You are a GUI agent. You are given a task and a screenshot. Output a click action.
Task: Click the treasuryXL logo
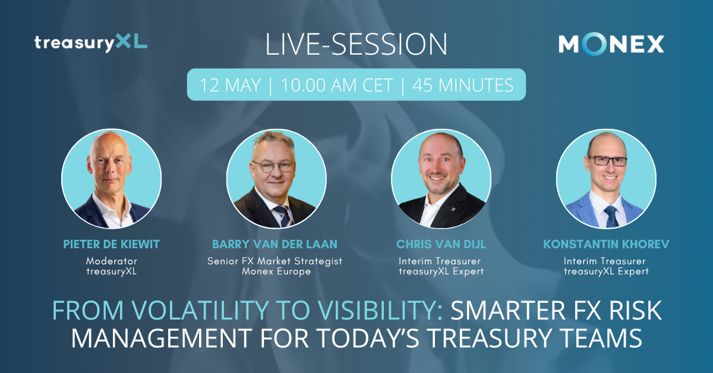[91, 43]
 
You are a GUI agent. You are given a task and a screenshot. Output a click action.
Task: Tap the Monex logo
[611, 44]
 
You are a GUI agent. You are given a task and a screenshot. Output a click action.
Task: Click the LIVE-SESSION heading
[356, 44]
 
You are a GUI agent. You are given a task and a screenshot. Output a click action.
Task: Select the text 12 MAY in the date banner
[230, 85]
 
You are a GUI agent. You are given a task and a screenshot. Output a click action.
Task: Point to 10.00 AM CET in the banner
[337, 85]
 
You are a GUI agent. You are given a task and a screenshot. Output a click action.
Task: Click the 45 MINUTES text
[463, 85]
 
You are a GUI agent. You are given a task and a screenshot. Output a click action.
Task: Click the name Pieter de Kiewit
[112, 244]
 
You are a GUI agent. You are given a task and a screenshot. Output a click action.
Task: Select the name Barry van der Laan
[275, 244]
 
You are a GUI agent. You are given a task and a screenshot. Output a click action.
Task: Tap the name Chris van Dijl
[441, 244]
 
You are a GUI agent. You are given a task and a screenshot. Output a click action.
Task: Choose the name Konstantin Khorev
[606, 244]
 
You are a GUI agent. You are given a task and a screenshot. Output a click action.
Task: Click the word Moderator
[112, 261]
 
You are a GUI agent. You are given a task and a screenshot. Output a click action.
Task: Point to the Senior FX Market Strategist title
[275, 261]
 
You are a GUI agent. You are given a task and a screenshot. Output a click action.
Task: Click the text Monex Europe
[276, 271]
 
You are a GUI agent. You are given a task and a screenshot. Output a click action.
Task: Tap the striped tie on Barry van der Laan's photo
[284, 216]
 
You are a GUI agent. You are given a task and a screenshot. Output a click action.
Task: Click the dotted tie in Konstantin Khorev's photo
[611, 216]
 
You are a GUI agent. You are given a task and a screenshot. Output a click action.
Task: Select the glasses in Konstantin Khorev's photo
[607, 161]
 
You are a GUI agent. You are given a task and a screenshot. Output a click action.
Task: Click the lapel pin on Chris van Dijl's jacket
[453, 209]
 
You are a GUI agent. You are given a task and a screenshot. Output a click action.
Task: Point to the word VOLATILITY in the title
[200, 310]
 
